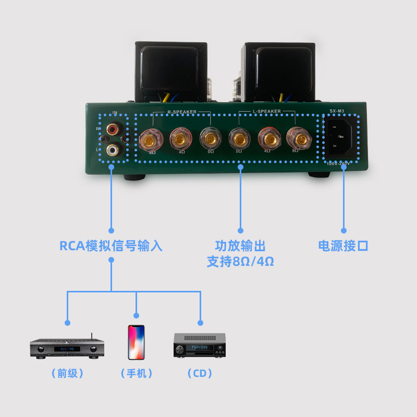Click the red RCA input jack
(x=112, y=127)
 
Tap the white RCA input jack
(x=112, y=150)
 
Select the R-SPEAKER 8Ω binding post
(x=151, y=139)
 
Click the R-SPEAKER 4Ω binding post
(x=180, y=139)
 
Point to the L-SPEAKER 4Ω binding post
(x=269, y=139)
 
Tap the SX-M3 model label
(x=339, y=111)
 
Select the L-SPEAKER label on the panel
(x=267, y=112)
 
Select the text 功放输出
(x=240, y=246)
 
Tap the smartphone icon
(x=136, y=341)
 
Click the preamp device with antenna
(x=67, y=348)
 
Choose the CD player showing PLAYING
(x=199, y=346)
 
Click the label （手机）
(x=137, y=373)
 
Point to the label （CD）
(x=200, y=373)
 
